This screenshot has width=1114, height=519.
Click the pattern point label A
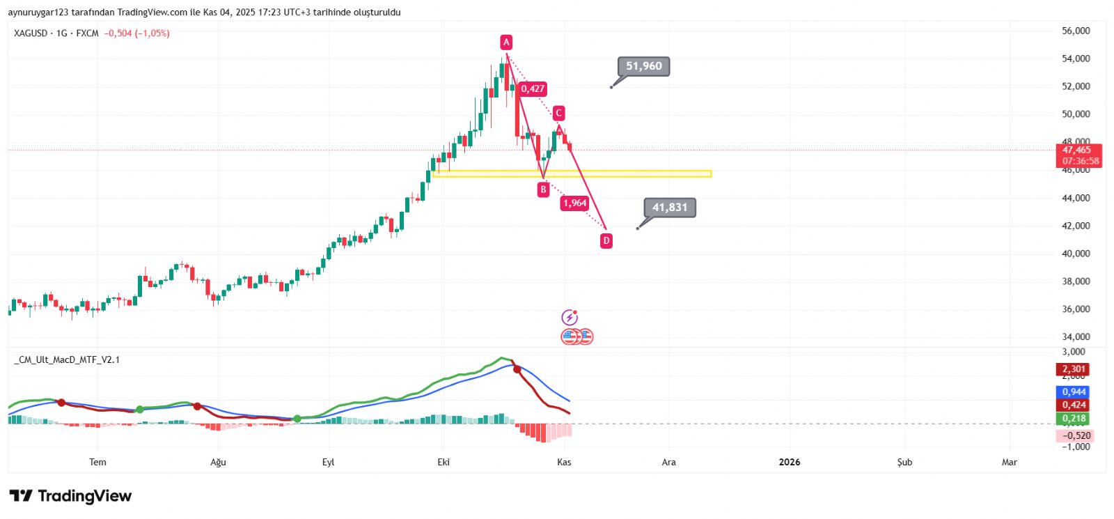pos(506,42)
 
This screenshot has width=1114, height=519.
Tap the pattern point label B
pos(543,189)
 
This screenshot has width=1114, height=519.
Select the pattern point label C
pos(558,113)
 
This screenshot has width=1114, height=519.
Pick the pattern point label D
pos(606,241)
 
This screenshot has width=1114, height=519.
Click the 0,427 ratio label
pos(533,89)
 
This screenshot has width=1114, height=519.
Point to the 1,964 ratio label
pos(575,203)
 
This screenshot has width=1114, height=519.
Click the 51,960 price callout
pos(643,66)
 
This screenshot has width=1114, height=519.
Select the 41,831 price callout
pos(669,208)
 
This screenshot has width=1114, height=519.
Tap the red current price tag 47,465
pos(1076,150)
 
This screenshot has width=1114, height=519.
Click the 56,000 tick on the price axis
pos(1076,31)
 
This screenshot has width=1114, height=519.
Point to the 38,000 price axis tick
pos(1076,281)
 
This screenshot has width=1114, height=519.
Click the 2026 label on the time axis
pos(790,462)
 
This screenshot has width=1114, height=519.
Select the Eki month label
pos(444,462)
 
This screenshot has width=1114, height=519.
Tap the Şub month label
pos(904,462)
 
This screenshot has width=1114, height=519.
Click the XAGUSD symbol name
pos(31,33)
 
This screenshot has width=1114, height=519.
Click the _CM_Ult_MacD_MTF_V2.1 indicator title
pos(67,360)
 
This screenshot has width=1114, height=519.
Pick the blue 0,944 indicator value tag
pos(1074,392)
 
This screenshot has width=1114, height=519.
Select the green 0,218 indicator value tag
pos(1074,419)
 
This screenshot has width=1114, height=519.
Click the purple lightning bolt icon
pos(570,318)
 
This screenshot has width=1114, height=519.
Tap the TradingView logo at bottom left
pos(70,496)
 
